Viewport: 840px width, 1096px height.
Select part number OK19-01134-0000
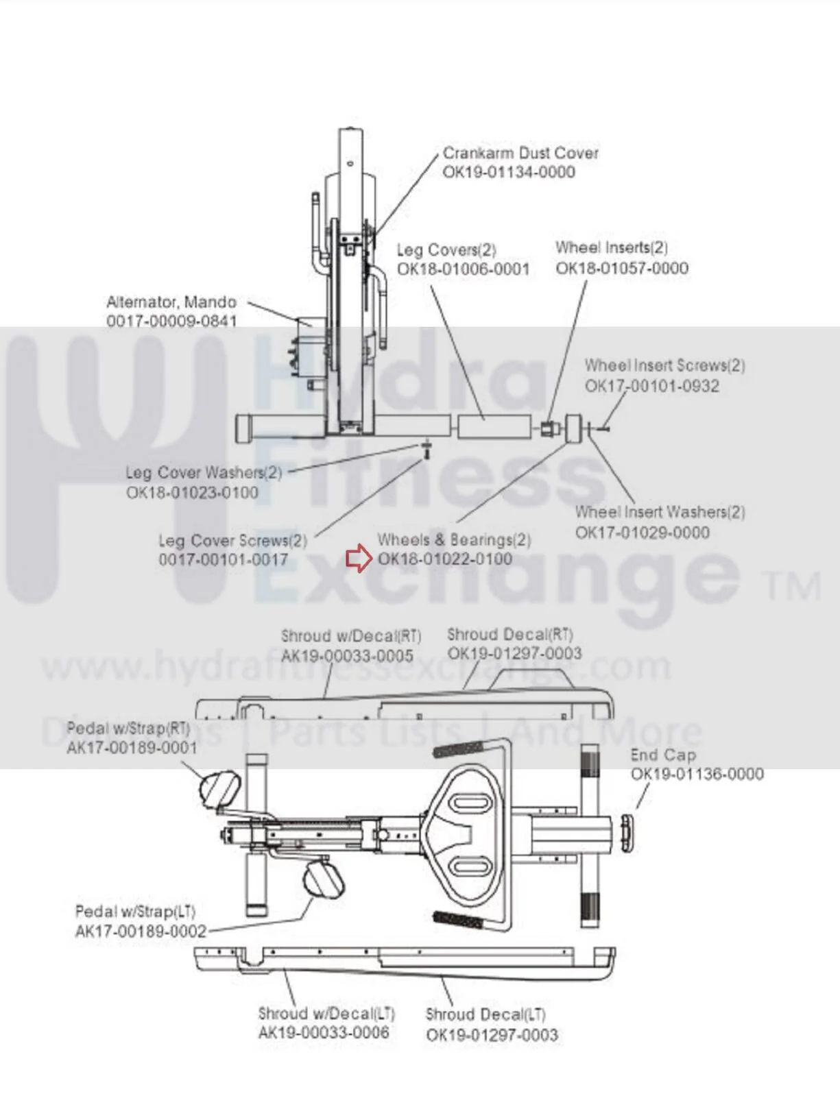[x=509, y=172]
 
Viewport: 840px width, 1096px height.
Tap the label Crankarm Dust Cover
[x=520, y=153]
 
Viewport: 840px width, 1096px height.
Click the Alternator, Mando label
[x=171, y=302]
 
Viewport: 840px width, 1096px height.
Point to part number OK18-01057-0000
[x=621, y=268]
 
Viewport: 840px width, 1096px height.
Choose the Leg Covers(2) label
[x=446, y=249]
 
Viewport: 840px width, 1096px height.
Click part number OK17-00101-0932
[x=652, y=386]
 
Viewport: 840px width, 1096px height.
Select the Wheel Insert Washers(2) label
[x=660, y=513]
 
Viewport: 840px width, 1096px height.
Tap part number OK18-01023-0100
[x=192, y=492]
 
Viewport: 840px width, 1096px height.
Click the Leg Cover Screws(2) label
[x=232, y=541]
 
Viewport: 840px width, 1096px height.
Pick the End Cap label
[x=663, y=755]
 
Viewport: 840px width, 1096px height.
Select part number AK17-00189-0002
[x=141, y=931]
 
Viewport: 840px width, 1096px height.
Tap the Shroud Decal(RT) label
[x=510, y=634]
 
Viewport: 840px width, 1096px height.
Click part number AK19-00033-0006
[x=324, y=1032]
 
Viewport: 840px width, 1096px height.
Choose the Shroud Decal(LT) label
[x=486, y=1014]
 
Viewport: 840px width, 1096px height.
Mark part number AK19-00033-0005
[x=347, y=656]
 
